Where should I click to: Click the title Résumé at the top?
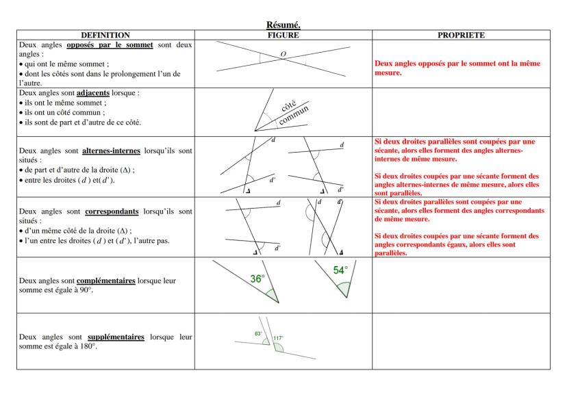(283, 25)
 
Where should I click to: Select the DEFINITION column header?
(105, 34)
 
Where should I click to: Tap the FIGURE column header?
(283, 34)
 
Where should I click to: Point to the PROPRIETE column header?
(461, 34)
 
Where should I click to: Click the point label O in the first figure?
(283, 53)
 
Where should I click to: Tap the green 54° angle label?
(340, 270)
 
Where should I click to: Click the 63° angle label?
(258, 333)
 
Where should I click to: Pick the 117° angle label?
(278, 338)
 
